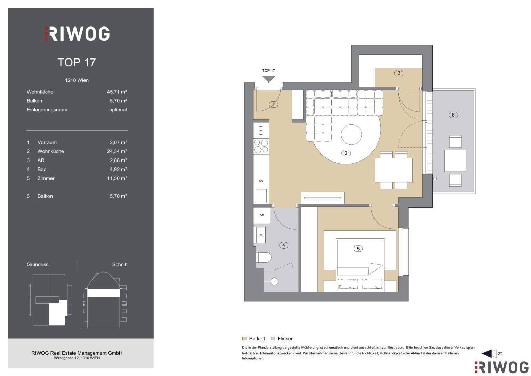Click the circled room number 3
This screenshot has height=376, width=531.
click(x=399, y=73)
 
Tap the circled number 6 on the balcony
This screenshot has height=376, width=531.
click(x=453, y=115)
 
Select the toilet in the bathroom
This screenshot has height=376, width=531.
click(x=264, y=257)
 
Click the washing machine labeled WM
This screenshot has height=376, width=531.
click(x=262, y=215)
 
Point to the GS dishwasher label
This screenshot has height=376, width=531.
click(x=261, y=181)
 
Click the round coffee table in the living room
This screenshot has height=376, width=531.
click(x=351, y=135)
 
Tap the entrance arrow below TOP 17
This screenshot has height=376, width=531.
click(x=268, y=79)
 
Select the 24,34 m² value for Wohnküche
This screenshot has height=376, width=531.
click(x=117, y=151)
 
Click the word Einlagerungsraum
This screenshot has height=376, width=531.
click(x=47, y=110)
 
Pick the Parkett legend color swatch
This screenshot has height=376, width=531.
click(x=244, y=338)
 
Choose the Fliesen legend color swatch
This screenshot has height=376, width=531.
click(x=273, y=338)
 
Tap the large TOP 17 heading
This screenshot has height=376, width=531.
click(x=77, y=62)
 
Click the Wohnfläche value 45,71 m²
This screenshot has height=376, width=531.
click(x=117, y=92)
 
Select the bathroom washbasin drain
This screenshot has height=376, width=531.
click(x=261, y=235)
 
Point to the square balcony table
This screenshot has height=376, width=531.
click(x=455, y=161)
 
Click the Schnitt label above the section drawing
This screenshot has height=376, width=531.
click(x=120, y=265)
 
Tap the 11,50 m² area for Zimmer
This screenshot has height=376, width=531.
click(x=117, y=178)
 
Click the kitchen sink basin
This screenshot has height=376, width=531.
click(x=261, y=196)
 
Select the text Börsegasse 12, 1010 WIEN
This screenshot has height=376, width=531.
click(x=77, y=358)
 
